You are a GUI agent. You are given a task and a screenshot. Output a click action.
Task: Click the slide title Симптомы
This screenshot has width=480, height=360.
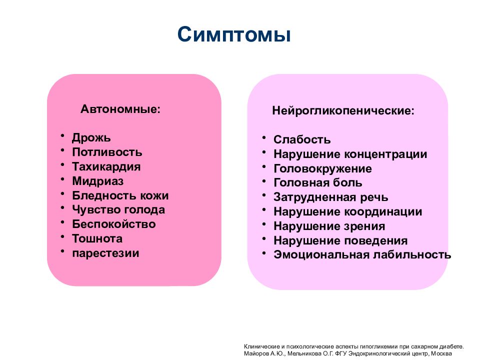[x=234, y=35]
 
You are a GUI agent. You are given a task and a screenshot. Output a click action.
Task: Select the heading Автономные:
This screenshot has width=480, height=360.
[x=121, y=109]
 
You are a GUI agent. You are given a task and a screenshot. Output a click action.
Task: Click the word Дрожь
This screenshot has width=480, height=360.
[x=91, y=137]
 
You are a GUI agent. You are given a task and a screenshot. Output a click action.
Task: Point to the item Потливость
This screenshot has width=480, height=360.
[x=107, y=152]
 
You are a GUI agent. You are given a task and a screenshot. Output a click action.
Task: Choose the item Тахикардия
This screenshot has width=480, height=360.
[x=106, y=166]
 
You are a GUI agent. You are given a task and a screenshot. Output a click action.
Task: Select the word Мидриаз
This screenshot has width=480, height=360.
[x=97, y=181]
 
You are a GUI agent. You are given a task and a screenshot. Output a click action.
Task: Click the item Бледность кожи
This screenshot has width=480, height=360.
[x=120, y=195]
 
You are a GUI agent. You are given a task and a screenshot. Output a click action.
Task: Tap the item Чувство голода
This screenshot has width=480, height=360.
[x=118, y=210]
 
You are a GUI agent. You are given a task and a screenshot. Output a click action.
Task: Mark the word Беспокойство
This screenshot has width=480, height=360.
[x=114, y=224]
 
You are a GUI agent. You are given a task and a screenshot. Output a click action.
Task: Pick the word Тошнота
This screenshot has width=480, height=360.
[x=97, y=238]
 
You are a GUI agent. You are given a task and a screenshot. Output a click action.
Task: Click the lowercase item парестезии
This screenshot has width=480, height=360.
[x=105, y=253]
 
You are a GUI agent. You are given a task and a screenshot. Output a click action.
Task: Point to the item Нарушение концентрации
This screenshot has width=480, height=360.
[x=350, y=154]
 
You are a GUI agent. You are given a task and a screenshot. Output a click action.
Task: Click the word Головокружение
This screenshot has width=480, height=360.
[x=322, y=168]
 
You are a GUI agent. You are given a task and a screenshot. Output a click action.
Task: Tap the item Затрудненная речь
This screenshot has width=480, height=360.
[x=330, y=197]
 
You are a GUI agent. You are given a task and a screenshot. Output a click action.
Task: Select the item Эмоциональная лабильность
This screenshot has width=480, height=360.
[x=362, y=255]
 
